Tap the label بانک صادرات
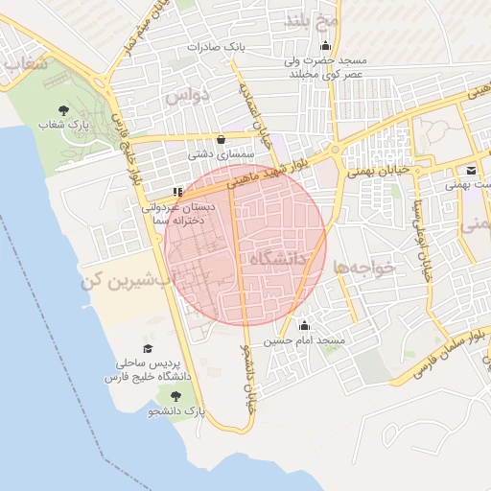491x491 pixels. [x=217, y=46]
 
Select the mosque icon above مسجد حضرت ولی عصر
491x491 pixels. [x=326, y=45]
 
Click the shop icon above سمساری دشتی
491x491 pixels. [x=222, y=138]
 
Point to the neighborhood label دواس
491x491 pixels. [x=185, y=97]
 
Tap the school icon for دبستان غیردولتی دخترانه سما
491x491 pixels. [x=177, y=192]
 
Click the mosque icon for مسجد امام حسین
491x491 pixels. [x=305, y=326]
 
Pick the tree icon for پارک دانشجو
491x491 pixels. [x=175, y=396]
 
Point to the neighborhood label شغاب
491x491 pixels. [x=25, y=64]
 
